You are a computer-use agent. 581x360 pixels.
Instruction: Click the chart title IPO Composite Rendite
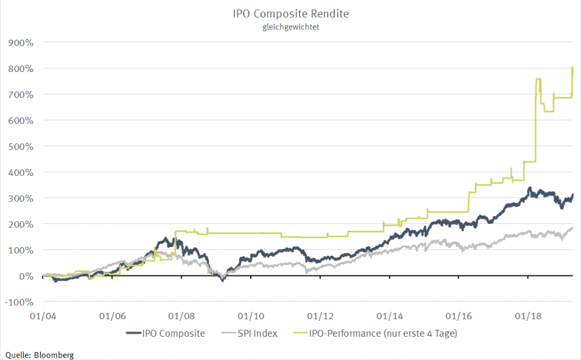click(x=291, y=13)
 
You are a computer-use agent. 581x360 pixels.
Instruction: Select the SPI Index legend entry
click(x=258, y=333)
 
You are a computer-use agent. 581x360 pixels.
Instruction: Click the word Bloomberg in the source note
click(x=54, y=355)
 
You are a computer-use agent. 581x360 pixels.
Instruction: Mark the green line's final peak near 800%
click(x=572, y=67)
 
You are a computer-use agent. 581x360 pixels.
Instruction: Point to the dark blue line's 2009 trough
click(x=223, y=280)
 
